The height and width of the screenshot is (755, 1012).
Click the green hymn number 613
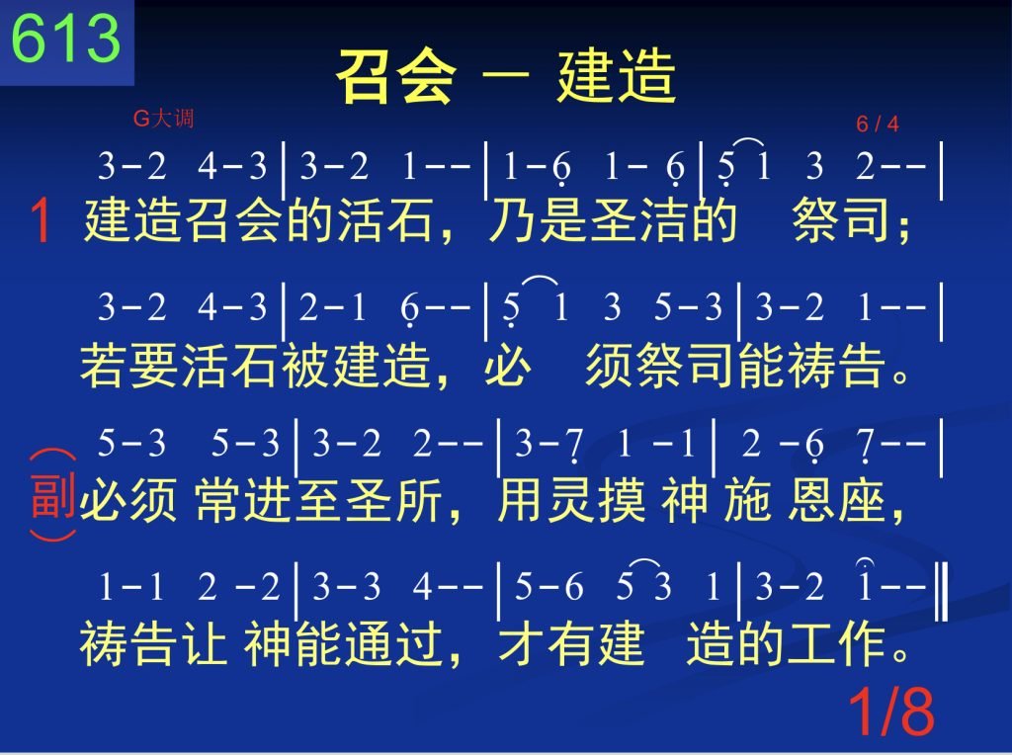(66, 39)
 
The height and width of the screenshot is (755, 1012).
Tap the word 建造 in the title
(617, 76)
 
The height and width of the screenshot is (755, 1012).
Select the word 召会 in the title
(395, 76)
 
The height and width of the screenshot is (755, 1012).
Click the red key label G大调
(163, 118)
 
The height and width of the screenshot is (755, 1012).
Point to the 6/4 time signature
(878, 124)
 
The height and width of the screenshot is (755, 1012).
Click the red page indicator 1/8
(891, 712)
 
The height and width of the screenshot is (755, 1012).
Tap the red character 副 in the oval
(53, 495)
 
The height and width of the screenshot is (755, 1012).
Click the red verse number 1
(40, 220)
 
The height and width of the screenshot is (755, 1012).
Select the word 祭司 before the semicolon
(840, 220)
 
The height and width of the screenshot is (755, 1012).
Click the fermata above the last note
(864, 562)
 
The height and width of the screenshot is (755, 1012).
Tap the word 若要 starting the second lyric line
(128, 365)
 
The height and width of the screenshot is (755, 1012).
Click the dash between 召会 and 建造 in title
(506, 78)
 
